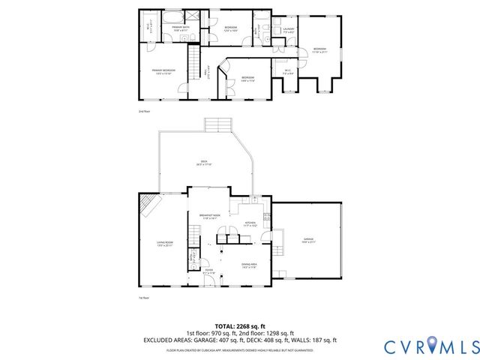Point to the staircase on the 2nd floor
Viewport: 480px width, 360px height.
pos(194,55)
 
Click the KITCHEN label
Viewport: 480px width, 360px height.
pos(251,223)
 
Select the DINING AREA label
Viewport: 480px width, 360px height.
pos(249,265)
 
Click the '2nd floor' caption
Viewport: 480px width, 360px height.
pos(145,111)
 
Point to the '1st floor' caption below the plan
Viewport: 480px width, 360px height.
pos(145,298)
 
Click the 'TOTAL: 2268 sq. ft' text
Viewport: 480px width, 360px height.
pos(239,326)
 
